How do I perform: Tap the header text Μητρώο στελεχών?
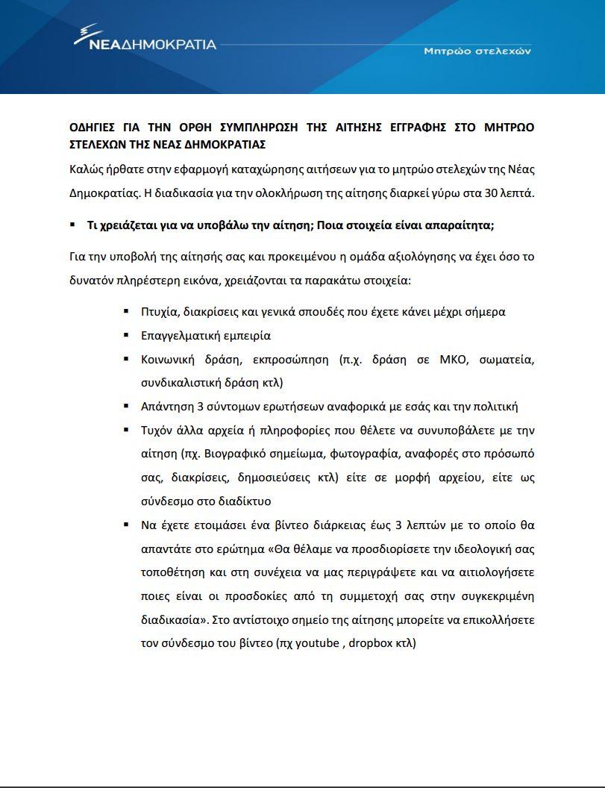477,51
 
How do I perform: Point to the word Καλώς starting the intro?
87,169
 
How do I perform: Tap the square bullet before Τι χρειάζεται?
72,225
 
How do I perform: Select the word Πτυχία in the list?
158,311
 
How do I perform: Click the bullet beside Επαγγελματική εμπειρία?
126,335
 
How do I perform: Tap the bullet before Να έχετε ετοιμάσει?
126,525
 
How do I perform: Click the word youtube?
317,642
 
